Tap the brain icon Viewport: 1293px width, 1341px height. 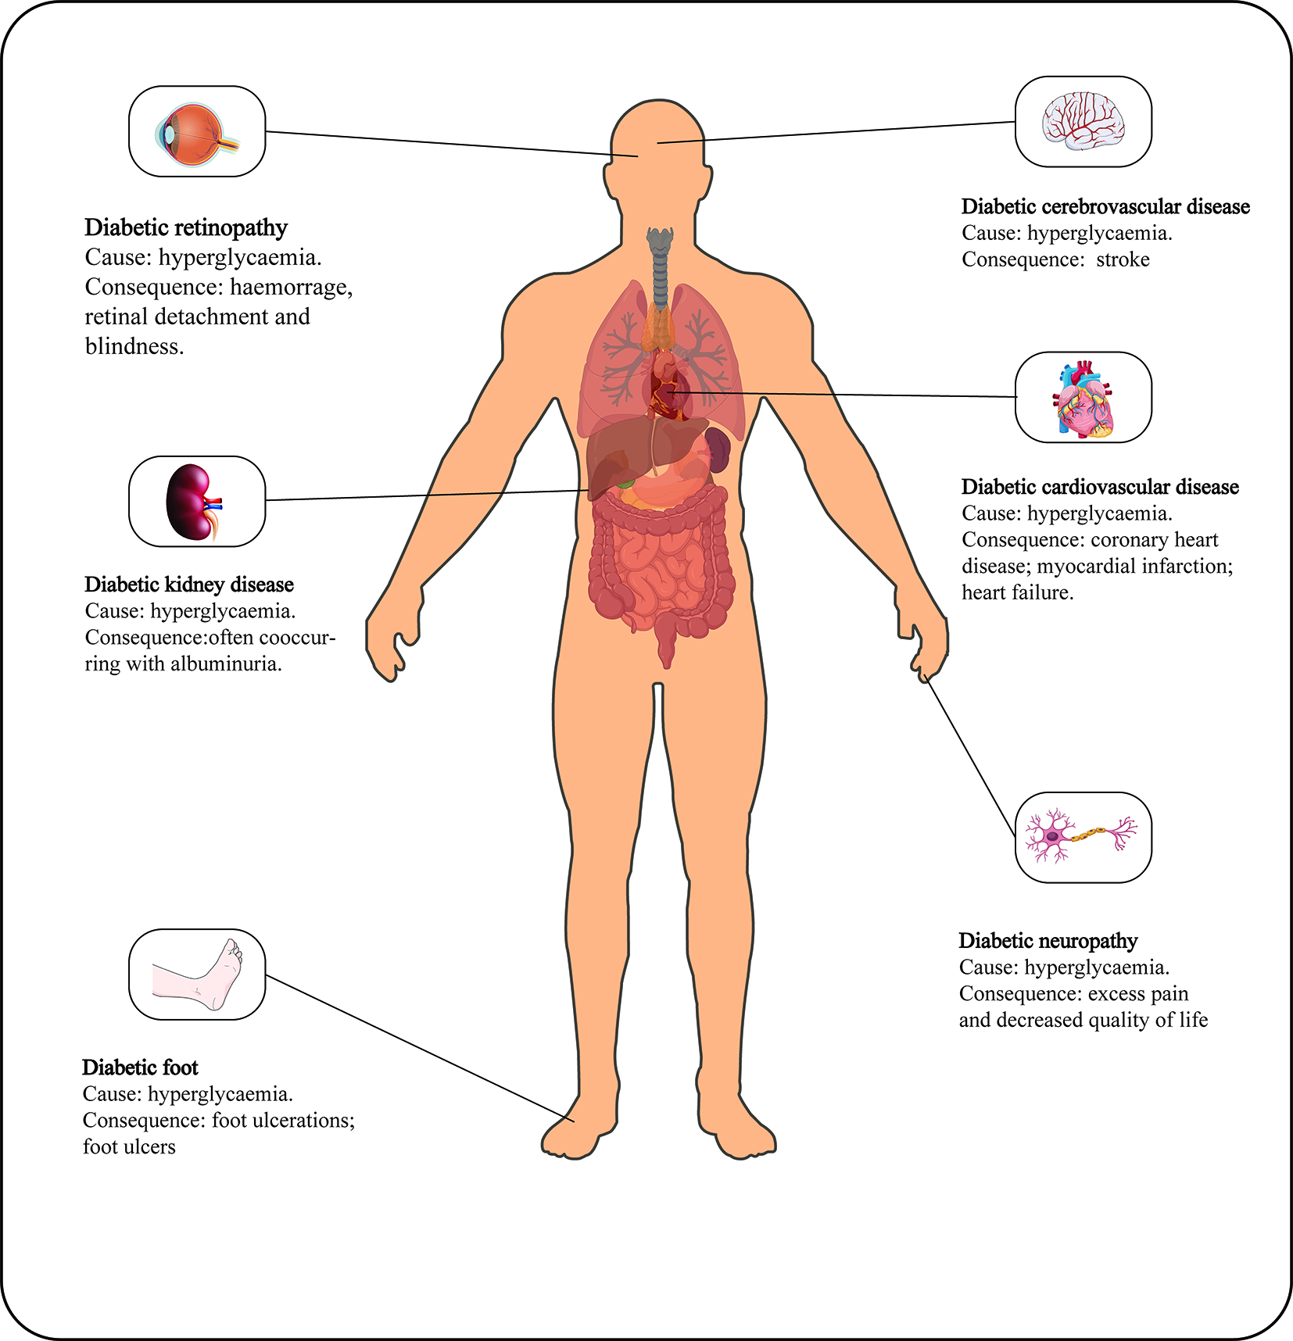(x=1083, y=121)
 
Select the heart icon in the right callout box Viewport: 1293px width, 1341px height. (x=1083, y=399)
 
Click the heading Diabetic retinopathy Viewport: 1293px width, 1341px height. (x=186, y=227)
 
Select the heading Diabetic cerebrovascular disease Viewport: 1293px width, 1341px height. (x=1105, y=207)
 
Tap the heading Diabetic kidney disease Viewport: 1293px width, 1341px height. (x=188, y=585)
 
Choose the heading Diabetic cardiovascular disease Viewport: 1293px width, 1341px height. (x=1099, y=488)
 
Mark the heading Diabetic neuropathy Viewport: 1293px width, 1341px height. (x=1048, y=941)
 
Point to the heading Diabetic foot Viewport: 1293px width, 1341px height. (x=140, y=1067)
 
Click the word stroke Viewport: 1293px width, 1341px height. (x=1123, y=259)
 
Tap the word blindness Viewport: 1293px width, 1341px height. (x=134, y=346)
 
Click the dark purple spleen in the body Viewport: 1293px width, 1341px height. (x=718, y=450)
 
